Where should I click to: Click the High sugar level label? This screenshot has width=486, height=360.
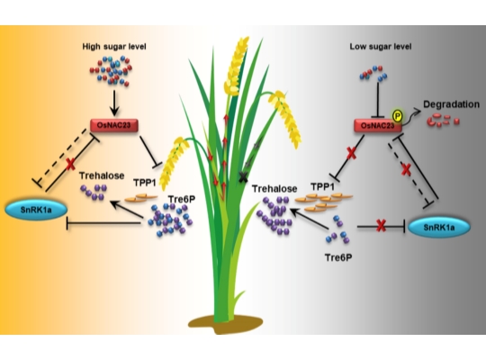click(114, 47)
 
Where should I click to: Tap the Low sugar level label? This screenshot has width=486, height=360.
click(381, 47)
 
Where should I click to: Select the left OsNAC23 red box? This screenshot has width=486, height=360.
click(114, 126)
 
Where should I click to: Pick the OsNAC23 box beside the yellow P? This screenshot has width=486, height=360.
click(378, 126)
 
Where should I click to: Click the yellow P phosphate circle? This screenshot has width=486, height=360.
click(398, 116)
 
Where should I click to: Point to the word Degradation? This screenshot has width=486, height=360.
click(451, 104)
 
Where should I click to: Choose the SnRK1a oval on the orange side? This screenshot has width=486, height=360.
click(36, 210)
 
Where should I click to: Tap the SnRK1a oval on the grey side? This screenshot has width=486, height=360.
click(439, 228)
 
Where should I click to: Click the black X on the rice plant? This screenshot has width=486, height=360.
click(243, 176)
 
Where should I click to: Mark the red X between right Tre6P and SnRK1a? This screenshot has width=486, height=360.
click(381, 227)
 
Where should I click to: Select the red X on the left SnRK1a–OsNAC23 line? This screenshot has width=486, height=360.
click(71, 164)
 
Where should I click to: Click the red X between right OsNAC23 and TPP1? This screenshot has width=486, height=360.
click(351, 154)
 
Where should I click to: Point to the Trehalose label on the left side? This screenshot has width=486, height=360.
click(102, 175)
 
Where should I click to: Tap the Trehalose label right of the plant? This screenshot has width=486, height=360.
click(274, 188)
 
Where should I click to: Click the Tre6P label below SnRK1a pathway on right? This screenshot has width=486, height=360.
click(338, 257)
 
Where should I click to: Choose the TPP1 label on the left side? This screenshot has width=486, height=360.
click(145, 183)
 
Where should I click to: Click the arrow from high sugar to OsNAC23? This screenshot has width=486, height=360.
click(114, 103)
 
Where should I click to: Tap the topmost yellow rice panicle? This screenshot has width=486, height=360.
click(236, 66)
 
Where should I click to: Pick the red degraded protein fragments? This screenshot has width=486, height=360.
click(443, 120)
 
